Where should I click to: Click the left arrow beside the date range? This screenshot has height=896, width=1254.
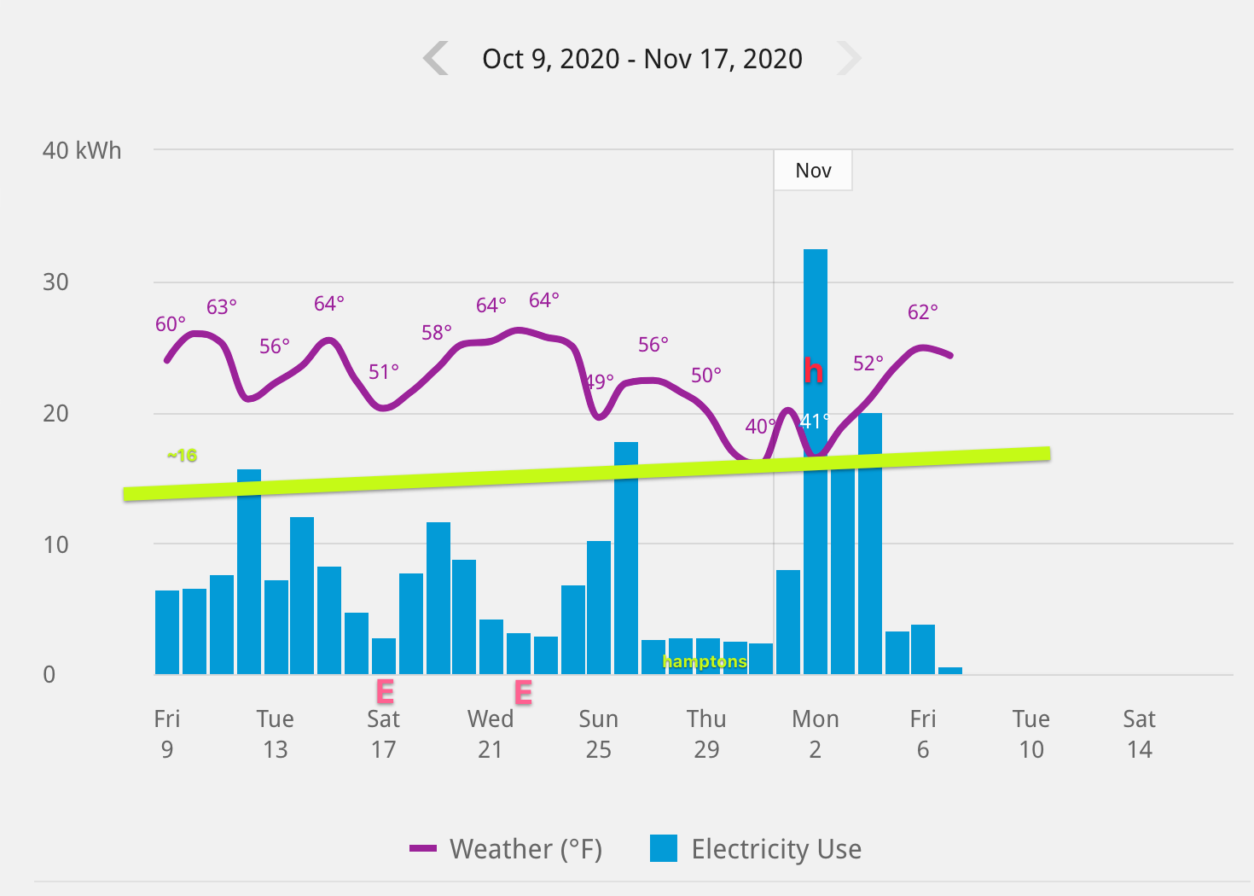coord(436,58)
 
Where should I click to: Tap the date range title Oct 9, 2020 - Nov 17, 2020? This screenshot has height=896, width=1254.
coord(642,58)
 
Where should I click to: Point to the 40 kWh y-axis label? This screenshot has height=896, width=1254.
coord(82,150)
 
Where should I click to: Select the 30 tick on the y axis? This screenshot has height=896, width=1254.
coord(55,282)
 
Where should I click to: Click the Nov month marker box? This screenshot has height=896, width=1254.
coord(813,171)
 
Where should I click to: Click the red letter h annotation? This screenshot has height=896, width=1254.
coord(813,370)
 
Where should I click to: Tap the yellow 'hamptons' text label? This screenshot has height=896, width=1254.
coord(705,661)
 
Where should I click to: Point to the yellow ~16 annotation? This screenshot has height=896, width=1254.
coord(182,455)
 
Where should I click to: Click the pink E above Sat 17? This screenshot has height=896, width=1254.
coord(385,691)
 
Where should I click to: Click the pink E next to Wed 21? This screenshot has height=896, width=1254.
coord(523,692)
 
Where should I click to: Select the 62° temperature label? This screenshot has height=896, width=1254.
coord(922,312)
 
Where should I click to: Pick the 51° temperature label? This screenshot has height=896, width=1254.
coord(383,372)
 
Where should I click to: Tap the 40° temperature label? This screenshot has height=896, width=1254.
coord(759,426)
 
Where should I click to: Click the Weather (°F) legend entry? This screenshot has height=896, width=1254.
coord(506,849)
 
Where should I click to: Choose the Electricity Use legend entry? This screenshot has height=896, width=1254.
coord(756,849)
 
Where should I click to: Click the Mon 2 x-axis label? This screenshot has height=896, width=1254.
coord(816,734)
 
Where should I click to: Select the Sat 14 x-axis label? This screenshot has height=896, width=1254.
coord(1139,734)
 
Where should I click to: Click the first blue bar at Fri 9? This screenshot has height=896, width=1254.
coord(167,631)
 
